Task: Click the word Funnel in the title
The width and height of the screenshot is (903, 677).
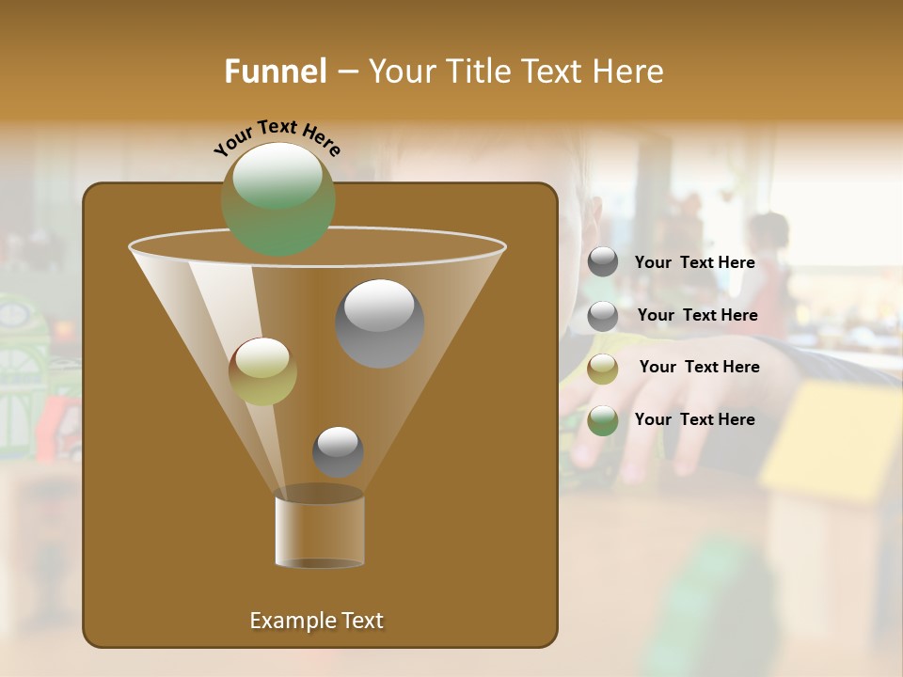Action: [276, 71]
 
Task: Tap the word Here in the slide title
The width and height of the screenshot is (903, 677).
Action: [628, 71]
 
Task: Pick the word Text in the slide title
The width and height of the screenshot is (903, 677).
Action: [550, 71]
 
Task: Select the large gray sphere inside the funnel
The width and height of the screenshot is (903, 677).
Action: [379, 323]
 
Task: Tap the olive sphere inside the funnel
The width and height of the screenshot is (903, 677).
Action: [262, 371]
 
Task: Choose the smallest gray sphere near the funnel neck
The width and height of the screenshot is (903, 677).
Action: [338, 451]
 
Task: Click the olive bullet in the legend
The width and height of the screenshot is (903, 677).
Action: [603, 369]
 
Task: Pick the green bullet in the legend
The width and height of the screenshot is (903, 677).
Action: [603, 420]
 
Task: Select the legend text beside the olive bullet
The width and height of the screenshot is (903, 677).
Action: [699, 367]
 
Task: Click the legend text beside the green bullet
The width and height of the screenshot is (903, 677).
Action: [694, 419]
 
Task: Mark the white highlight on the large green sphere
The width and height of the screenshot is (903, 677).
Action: [277, 177]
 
